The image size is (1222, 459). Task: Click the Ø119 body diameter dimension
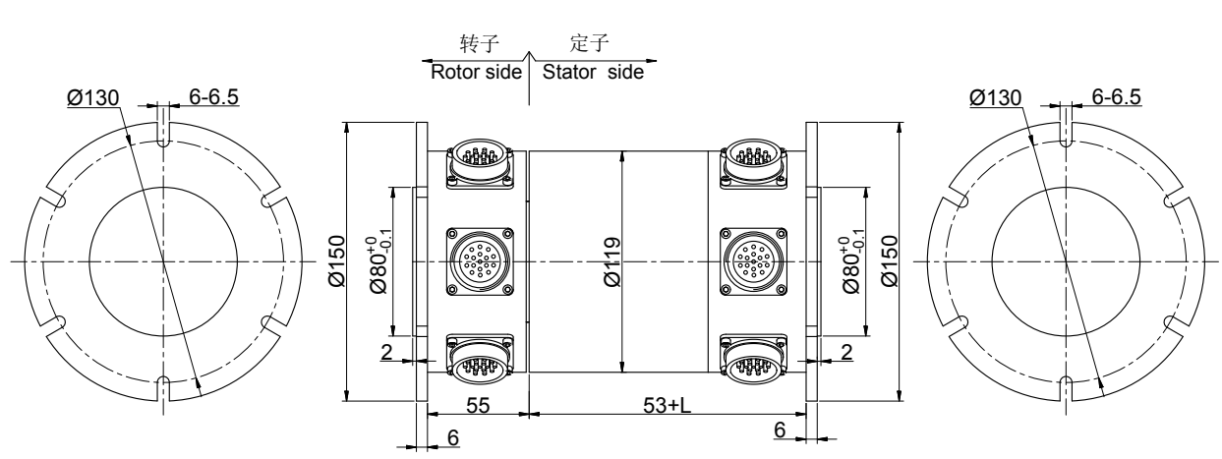[x=611, y=262]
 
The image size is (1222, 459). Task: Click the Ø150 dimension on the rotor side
[x=335, y=261]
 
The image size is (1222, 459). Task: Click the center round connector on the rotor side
[x=480, y=261]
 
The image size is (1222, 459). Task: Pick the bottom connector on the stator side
[x=754, y=361]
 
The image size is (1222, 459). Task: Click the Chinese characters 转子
[x=477, y=45]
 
